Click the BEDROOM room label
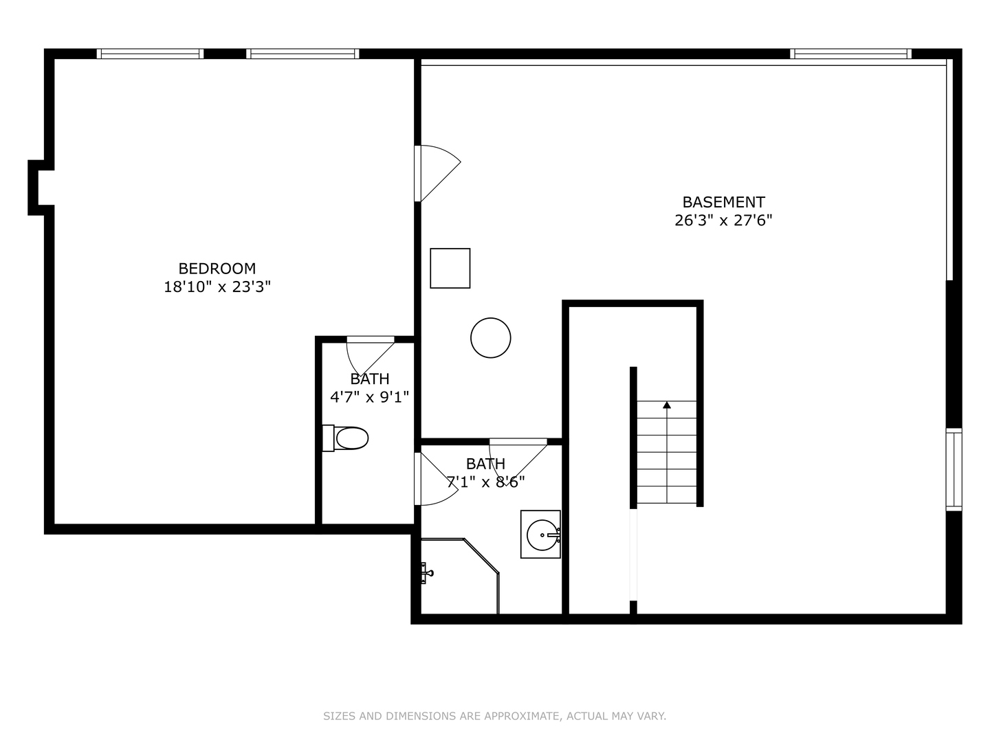coord(217,269)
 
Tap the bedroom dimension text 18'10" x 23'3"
coord(217,287)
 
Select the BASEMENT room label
coord(723,202)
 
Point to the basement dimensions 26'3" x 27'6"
coord(723,221)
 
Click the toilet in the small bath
coord(346,438)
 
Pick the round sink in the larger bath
coord(542,535)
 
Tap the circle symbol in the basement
coord(491,338)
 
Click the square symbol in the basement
coord(450,268)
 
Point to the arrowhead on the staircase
coord(667,405)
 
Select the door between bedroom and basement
coord(437,173)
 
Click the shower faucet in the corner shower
coord(426,572)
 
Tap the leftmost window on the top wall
coord(150,54)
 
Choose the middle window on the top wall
coord(302,54)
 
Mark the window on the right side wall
coord(954,469)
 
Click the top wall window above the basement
coord(850,54)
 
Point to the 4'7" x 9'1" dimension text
coord(369,397)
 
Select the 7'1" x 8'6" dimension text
coord(486,482)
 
